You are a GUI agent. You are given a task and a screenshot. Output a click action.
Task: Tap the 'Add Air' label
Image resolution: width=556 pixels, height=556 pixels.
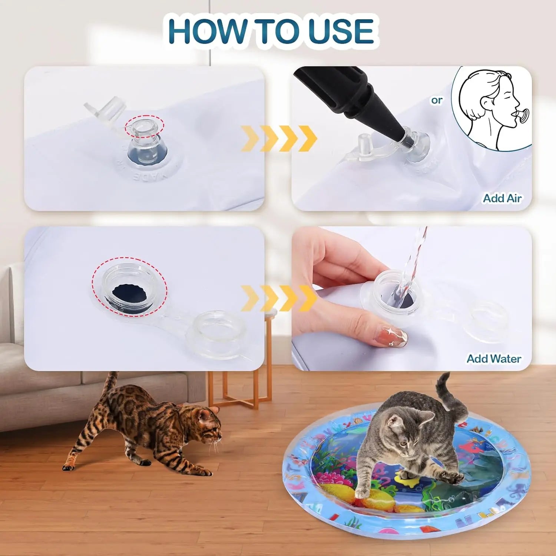(502, 198)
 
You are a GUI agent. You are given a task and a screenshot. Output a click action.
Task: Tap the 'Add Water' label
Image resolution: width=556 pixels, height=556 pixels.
(494, 358)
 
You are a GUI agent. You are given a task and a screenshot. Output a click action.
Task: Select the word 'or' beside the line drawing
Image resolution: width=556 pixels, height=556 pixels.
(437, 100)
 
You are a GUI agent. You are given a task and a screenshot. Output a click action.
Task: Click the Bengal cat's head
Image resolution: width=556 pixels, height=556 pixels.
(208, 426)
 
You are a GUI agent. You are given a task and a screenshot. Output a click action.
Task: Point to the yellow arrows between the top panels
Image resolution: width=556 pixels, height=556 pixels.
(279, 138)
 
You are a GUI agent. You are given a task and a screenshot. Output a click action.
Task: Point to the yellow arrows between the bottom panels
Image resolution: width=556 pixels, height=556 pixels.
(279, 298)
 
